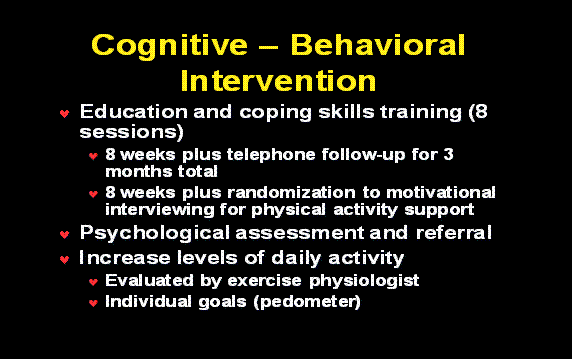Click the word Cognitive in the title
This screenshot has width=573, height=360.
tap(169, 46)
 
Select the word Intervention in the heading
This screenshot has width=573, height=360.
tap(279, 79)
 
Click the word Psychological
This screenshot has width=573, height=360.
tap(162, 233)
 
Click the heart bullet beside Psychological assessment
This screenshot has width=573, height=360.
tap(64, 235)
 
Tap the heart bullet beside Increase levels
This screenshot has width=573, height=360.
tap(64, 259)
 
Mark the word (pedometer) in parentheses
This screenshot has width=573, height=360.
tap(310, 301)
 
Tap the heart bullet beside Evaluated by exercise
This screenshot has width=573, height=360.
tap(93, 282)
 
